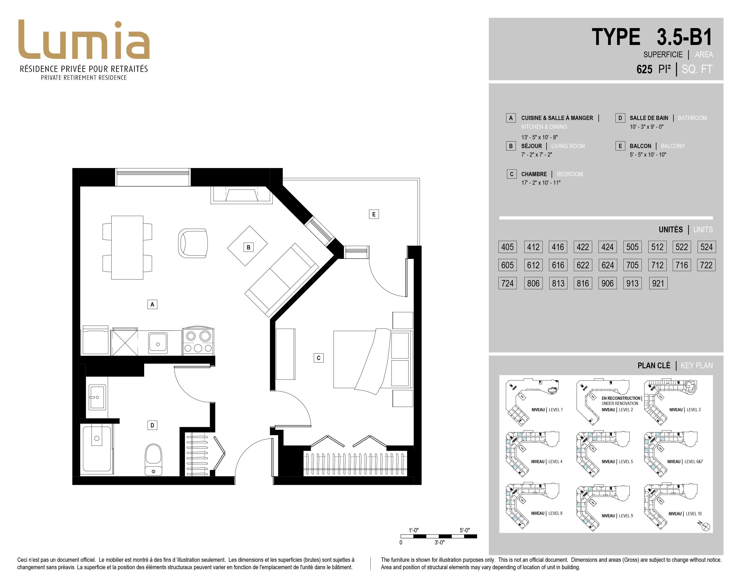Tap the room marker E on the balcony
pyautogui.click(x=374, y=214)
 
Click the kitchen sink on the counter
pyautogui.click(x=158, y=343)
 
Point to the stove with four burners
pyautogui.click(x=198, y=341)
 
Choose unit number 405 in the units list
pyautogui.click(x=507, y=247)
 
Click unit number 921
pyautogui.click(x=658, y=283)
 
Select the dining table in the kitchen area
pyautogui.click(x=127, y=247)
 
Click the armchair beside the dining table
pyautogui.click(x=193, y=243)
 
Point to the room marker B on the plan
pyautogui.click(x=248, y=247)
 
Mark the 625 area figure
pyautogui.click(x=644, y=69)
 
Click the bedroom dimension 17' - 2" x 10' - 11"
pyautogui.click(x=541, y=183)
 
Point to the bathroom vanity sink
pyautogui.click(x=97, y=397)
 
